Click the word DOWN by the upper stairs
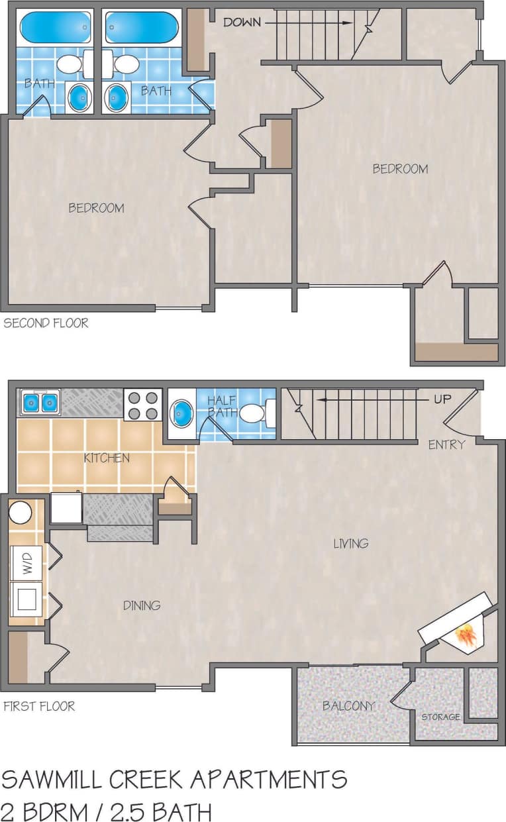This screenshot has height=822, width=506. (242, 23)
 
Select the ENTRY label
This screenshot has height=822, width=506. (446, 444)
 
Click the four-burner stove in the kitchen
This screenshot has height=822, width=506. (142, 405)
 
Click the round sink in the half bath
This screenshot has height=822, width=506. (181, 413)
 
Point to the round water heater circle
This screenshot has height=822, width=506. (21, 513)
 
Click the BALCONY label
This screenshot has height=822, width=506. (349, 706)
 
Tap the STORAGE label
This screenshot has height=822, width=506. (441, 717)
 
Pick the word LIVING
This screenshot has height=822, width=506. (350, 544)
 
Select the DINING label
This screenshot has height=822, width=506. (142, 605)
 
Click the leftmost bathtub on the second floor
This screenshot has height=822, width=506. (56, 28)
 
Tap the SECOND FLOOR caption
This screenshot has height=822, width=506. (46, 324)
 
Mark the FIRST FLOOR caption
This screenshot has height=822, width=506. (39, 706)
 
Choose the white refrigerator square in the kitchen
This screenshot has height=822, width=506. (66, 508)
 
